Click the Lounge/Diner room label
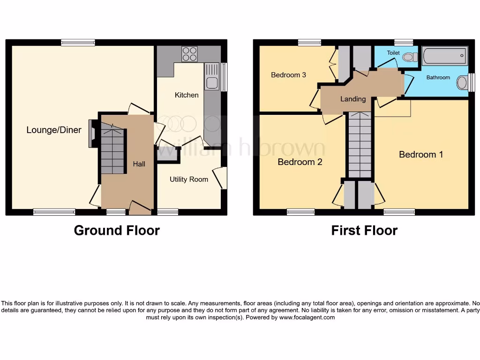pyautogui.click(x=54, y=130)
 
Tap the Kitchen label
pyautogui.click(x=187, y=95)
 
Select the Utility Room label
pyautogui.click(x=188, y=179)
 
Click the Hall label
pyautogui.click(x=139, y=164)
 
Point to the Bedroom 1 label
pyautogui.click(x=421, y=154)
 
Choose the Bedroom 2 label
pyautogui.click(x=300, y=162)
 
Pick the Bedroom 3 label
pyautogui.click(x=289, y=75)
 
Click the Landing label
pyautogui.click(x=353, y=99)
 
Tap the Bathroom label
pyautogui.click(x=438, y=78)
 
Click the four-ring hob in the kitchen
pyautogui.click(x=189, y=54)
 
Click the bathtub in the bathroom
pyautogui.click(x=444, y=56)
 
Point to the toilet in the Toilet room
pyautogui.click(x=409, y=57)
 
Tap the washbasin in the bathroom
pyautogui.click(x=463, y=83)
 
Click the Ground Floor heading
pyautogui.click(x=117, y=231)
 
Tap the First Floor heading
pyautogui.click(x=364, y=231)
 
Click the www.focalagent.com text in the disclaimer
pyautogui.click(x=307, y=317)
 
